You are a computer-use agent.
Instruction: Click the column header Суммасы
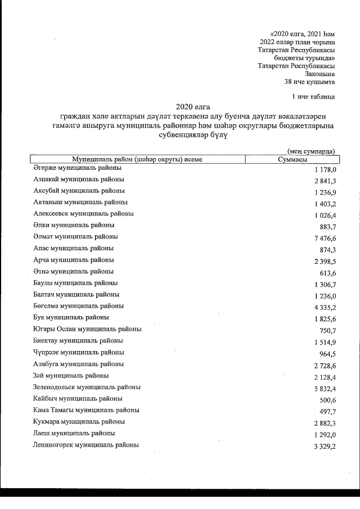(292, 160)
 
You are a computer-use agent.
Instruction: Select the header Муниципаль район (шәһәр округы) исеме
(137, 160)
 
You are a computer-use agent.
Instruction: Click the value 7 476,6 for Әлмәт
(326, 238)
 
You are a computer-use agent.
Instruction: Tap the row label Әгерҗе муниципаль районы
(76, 168)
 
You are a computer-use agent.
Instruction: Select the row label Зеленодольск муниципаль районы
(87, 387)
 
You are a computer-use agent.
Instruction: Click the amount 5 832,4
(326, 388)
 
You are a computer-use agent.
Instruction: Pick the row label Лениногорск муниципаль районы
(85, 445)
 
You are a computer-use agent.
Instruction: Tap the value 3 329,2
(326, 446)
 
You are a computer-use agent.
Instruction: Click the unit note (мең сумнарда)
(311, 151)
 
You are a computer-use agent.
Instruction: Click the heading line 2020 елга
(190, 106)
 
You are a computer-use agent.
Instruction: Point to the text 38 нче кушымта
(310, 81)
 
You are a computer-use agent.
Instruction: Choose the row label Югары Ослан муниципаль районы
(87, 329)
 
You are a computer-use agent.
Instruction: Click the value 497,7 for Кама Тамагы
(328, 411)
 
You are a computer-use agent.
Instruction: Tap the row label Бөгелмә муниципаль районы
(79, 306)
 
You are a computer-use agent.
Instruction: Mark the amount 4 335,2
(326, 307)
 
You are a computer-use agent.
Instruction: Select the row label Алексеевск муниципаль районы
(83, 214)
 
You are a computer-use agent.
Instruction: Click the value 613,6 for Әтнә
(328, 273)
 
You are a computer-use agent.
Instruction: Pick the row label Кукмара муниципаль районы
(79, 421)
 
